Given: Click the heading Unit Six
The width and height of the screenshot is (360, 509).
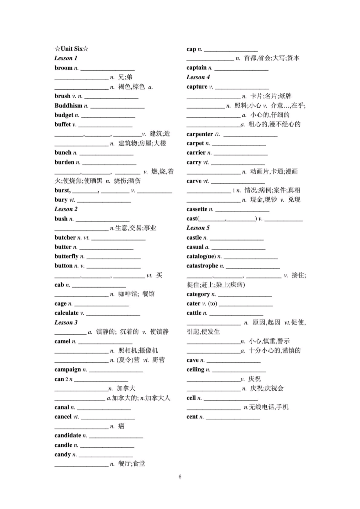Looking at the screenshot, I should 72,49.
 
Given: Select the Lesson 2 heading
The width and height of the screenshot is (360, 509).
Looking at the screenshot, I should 66,209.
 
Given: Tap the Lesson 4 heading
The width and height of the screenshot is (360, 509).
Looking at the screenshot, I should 198,77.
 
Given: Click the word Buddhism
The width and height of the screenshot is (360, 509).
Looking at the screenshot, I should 68,106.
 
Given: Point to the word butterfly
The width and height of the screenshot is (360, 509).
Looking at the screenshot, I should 66,256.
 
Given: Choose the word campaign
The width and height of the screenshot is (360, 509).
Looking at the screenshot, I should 68,369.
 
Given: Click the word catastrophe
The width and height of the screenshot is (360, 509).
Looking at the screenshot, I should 202,266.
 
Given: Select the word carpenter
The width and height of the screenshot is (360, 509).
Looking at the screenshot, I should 199,134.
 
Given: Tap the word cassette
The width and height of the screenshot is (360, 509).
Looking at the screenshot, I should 197,209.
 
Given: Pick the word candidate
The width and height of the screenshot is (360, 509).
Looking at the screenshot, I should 68,435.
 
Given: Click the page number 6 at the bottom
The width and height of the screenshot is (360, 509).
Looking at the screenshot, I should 180,477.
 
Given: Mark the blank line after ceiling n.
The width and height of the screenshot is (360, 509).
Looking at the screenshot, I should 239,371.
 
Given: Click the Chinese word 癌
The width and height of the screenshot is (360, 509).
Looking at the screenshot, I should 121,426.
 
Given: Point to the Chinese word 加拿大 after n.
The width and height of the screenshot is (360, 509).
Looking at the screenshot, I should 126,388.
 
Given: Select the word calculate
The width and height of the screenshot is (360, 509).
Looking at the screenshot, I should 66,313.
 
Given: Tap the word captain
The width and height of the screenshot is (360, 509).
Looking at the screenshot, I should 196,68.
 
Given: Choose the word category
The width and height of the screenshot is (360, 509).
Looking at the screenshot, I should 198,294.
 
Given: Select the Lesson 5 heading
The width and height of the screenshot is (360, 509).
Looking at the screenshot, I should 198,228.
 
